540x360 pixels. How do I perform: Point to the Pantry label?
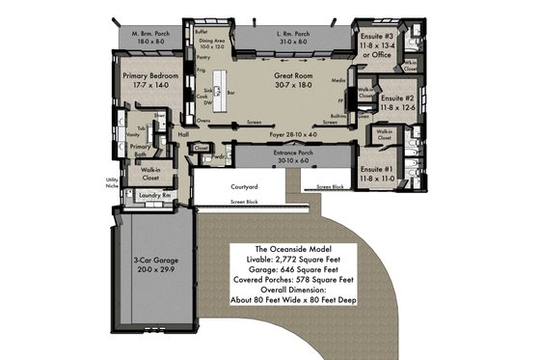202,58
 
